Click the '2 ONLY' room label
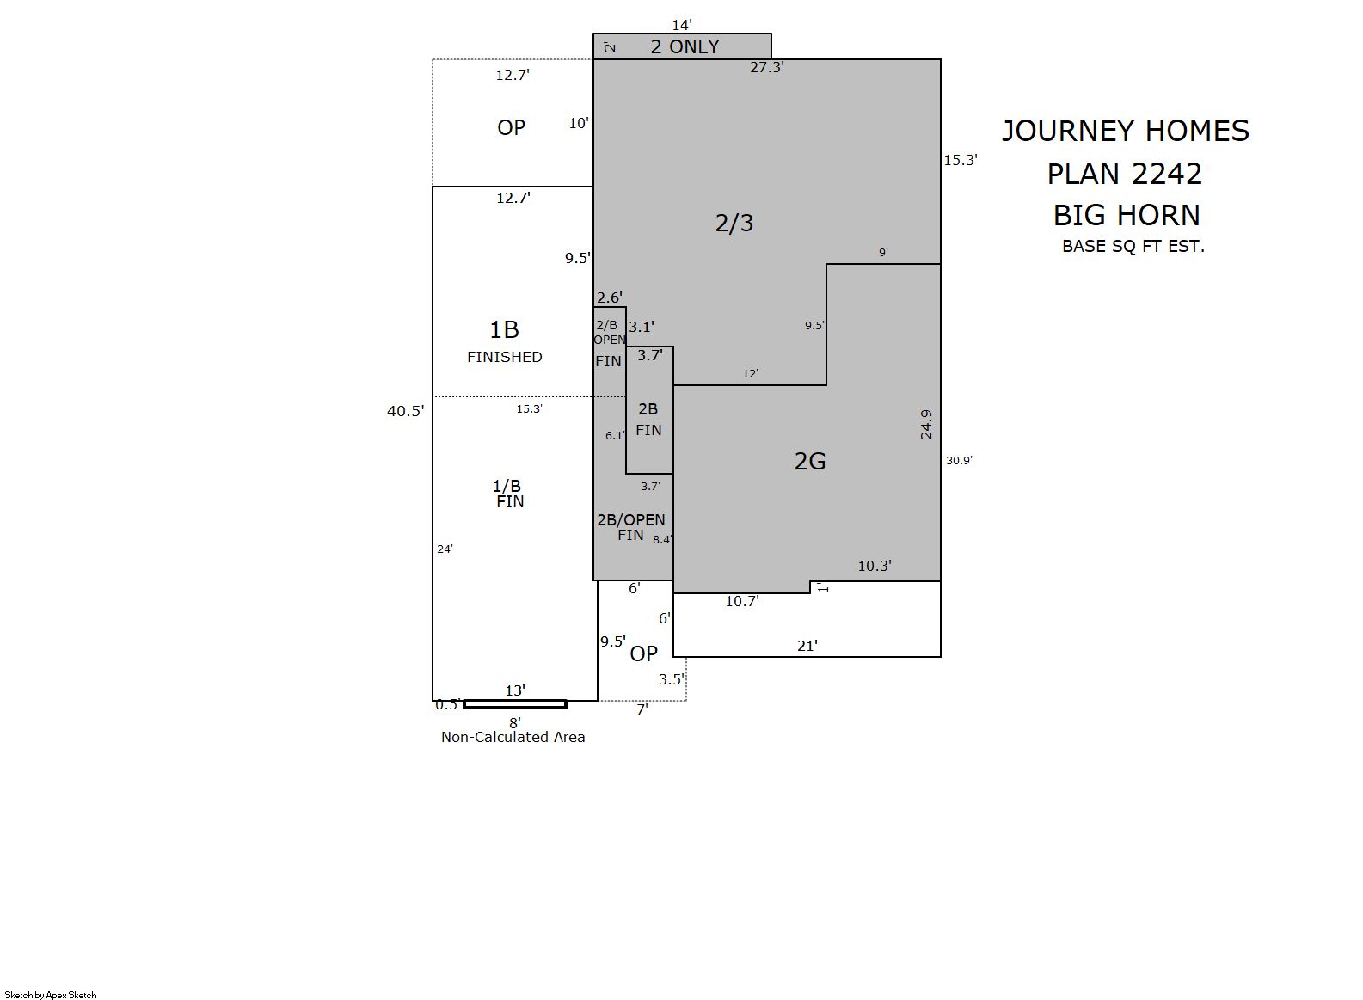(x=685, y=46)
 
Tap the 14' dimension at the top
(x=681, y=25)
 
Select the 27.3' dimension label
(x=767, y=67)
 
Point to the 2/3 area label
(x=734, y=224)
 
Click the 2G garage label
(x=810, y=461)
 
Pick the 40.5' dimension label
(x=405, y=411)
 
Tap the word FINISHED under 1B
(x=505, y=357)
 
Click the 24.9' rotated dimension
(x=925, y=423)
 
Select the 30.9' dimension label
(x=959, y=461)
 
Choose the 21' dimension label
(x=807, y=646)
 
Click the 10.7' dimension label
(x=742, y=602)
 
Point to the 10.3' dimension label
(x=875, y=567)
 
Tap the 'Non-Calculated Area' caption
(x=513, y=737)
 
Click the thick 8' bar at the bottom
(x=515, y=704)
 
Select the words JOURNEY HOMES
(x=1125, y=132)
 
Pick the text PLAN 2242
(x=1125, y=174)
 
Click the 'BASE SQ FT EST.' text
(x=1133, y=247)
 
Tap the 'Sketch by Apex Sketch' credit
(x=51, y=995)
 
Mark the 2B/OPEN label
(x=631, y=520)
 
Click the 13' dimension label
(x=515, y=690)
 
